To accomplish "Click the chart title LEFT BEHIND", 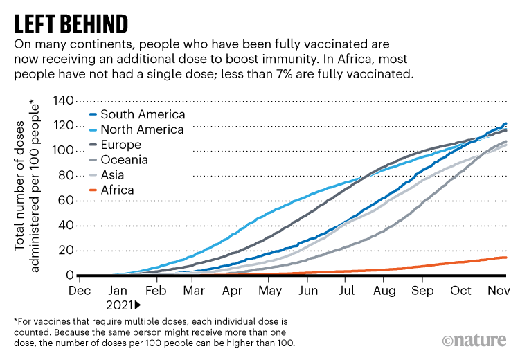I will pyautogui.click(x=71, y=23).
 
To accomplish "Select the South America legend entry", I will pyautogui.click(x=143, y=114).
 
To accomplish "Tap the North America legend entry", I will pyautogui.click(x=142, y=129).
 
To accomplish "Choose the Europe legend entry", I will pyautogui.click(x=120, y=145).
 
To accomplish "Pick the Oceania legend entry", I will pyautogui.click(x=125, y=160).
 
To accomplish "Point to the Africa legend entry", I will pyautogui.click(x=117, y=190).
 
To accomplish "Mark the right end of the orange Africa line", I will pyautogui.click(x=506, y=258).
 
